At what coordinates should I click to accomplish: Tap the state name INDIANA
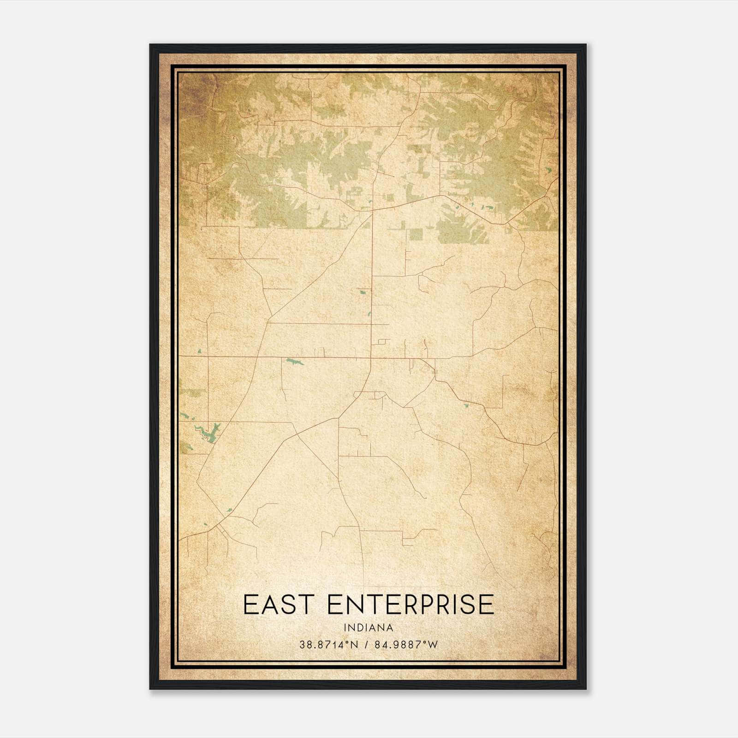pyautogui.click(x=368, y=628)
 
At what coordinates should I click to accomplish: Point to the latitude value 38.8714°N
pyautogui.click(x=328, y=645)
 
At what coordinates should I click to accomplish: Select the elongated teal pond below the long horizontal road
pyautogui.click(x=294, y=362)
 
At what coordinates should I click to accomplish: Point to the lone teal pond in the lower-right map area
pyautogui.click(x=465, y=406)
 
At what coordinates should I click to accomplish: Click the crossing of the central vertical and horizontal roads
pyautogui.click(x=372, y=357)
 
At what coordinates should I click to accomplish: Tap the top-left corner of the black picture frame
pyautogui.click(x=150, y=45)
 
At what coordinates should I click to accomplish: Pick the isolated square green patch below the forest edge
pyautogui.click(x=416, y=234)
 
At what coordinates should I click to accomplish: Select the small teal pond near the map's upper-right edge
pyautogui.click(x=548, y=170)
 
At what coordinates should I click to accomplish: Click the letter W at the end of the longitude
pyautogui.click(x=432, y=645)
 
